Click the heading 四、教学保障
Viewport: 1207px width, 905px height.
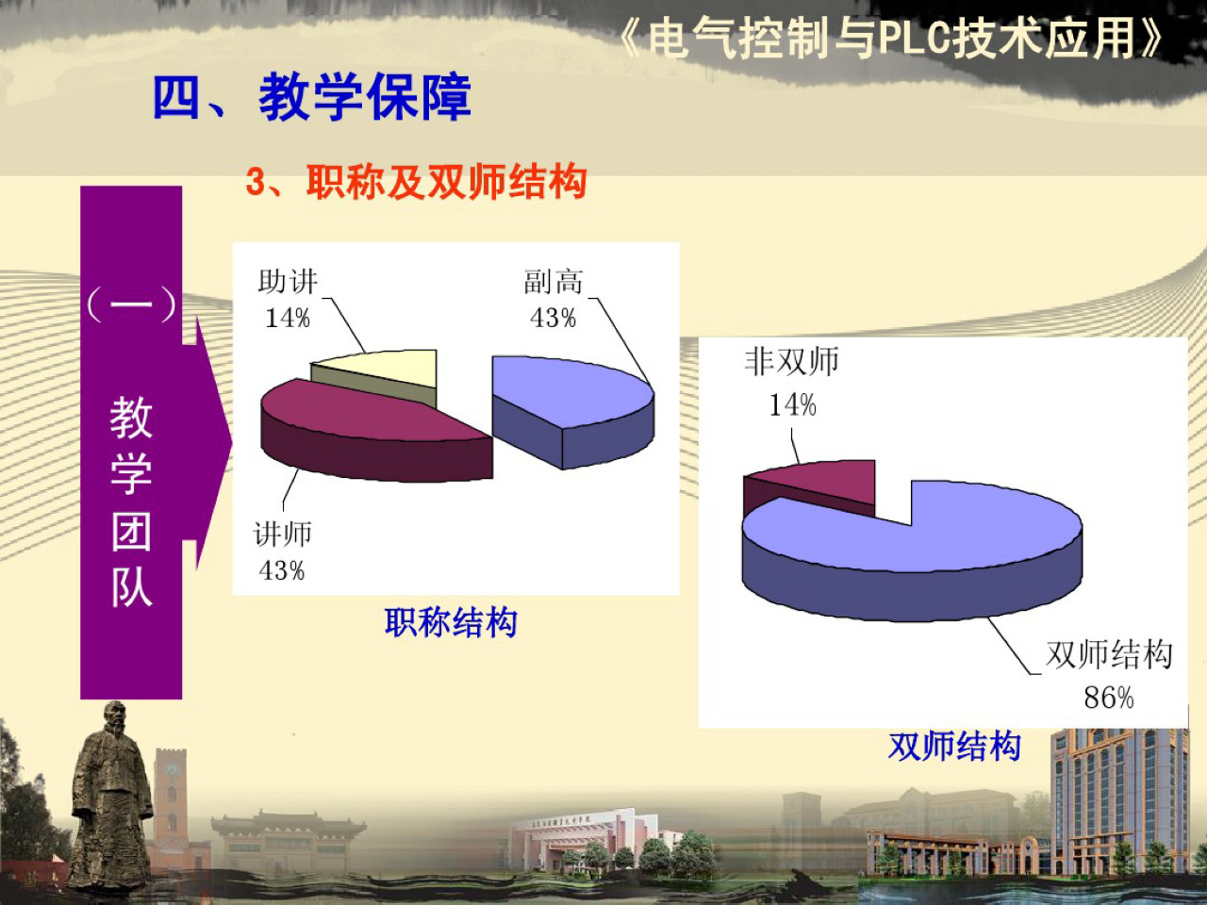pyautogui.click(x=311, y=97)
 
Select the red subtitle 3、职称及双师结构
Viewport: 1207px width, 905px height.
pyautogui.click(x=416, y=182)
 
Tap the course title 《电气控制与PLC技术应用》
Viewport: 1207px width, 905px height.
pyautogui.click(x=891, y=40)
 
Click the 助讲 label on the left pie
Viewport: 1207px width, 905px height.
pyautogui.click(x=288, y=282)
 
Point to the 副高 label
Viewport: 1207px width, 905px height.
pyautogui.click(x=554, y=282)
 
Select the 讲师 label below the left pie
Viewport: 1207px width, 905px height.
pyautogui.click(x=282, y=535)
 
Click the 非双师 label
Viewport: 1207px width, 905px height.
pyautogui.click(x=791, y=361)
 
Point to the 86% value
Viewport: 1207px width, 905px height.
pyautogui.click(x=1108, y=698)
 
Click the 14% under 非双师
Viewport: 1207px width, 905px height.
pyautogui.click(x=792, y=405)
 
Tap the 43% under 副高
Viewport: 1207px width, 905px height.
pyautogui.click(x=553, y=318)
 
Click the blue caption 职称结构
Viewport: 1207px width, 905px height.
pyautogui.click(x=451, y=622)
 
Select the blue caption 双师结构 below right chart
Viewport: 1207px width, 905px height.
pyautogui.click(x=954, y=747)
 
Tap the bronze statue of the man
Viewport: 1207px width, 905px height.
pyautogui.click(x=110, y=797)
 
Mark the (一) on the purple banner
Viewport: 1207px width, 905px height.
pyautogui.click(x=131, y=304)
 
